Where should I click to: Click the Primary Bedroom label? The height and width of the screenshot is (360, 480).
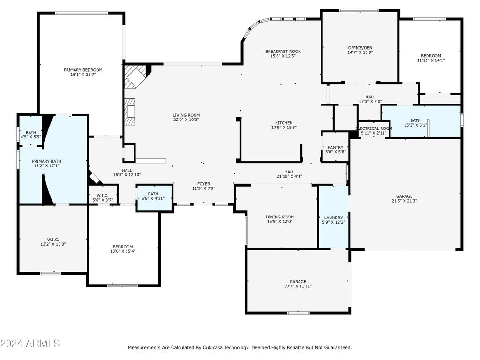[x=83, y=70]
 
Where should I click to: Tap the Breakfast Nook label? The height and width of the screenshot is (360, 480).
[x=283, y=52]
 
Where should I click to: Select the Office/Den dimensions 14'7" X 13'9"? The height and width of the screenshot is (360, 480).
[x=360, y=52]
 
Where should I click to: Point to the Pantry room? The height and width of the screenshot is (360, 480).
[x=335, y=147]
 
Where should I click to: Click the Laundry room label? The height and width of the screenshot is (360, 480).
[x=333, y=217]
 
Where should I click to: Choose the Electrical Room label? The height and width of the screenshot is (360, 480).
[x=374, y=128]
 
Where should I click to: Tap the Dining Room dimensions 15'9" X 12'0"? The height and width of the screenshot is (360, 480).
[x=280, y=221]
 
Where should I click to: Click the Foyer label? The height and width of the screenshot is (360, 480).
[x=203, y=184]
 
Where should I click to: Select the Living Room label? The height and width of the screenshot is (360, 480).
[x=186, y=115]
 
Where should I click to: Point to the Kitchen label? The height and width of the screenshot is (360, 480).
[x=284, y=123]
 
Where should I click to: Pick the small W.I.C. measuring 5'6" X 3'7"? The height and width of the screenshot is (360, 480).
[x=103, y=195]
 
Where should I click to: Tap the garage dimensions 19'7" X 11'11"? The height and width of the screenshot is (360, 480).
[x=298, y=286]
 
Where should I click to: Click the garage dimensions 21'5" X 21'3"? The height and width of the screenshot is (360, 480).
[x=405, y=201]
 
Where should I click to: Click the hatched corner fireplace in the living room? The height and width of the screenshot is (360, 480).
[x=135, y=76]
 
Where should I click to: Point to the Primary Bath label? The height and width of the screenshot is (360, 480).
[x=46, y=161]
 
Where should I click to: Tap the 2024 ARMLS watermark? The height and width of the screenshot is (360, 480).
[x=30, y=343]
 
